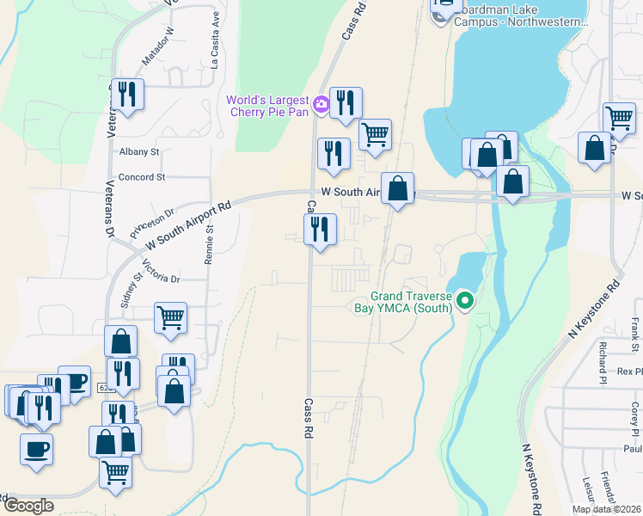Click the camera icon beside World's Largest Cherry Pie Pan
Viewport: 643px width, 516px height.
pos(321,105)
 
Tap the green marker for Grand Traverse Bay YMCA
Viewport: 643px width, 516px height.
pos(465,300)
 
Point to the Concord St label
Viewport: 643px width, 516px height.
pos(141,177)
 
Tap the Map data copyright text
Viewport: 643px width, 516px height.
pos(605,509)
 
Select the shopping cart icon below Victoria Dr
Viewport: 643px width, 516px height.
pos(171,316)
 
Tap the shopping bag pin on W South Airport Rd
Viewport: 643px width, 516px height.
pos(397,188)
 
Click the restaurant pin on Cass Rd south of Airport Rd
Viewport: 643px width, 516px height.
pos(320,230)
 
